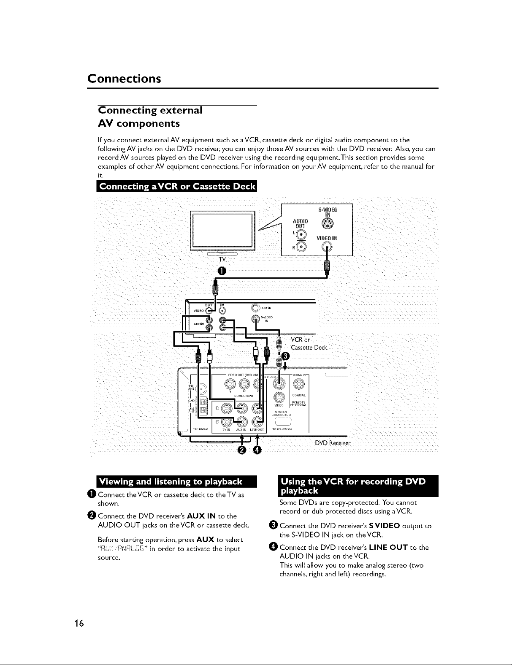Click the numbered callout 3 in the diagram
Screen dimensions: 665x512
pyautogui.click(x=285, y=356)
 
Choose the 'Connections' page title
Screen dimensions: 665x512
pyautogui.click(x=124, y=79)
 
